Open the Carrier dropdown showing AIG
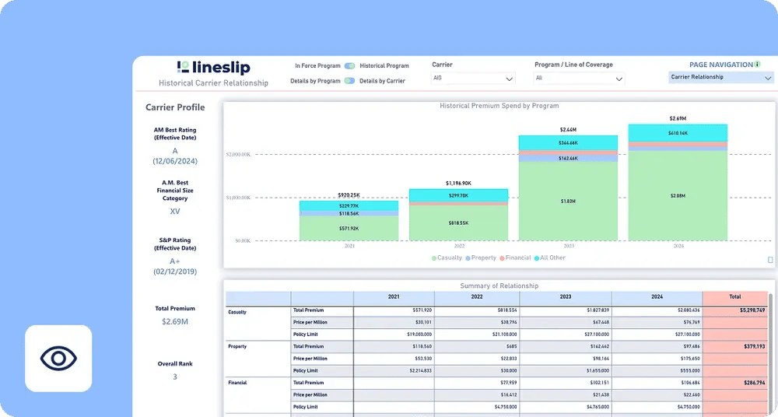[473, 79]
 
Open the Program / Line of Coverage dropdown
[579, 79]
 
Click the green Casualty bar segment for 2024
[678, 196]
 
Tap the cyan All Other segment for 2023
[568, 142]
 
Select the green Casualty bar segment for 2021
[349, 228]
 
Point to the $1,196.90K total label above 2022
[458, 183]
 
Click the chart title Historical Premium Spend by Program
[499, 106]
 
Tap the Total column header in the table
[734, 297]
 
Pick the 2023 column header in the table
[565, 297]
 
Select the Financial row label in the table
[238, 384]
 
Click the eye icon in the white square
[58, 359]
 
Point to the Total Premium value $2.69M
[174, 321]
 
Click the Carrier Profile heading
[175, 107]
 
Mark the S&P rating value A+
[175, 261]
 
